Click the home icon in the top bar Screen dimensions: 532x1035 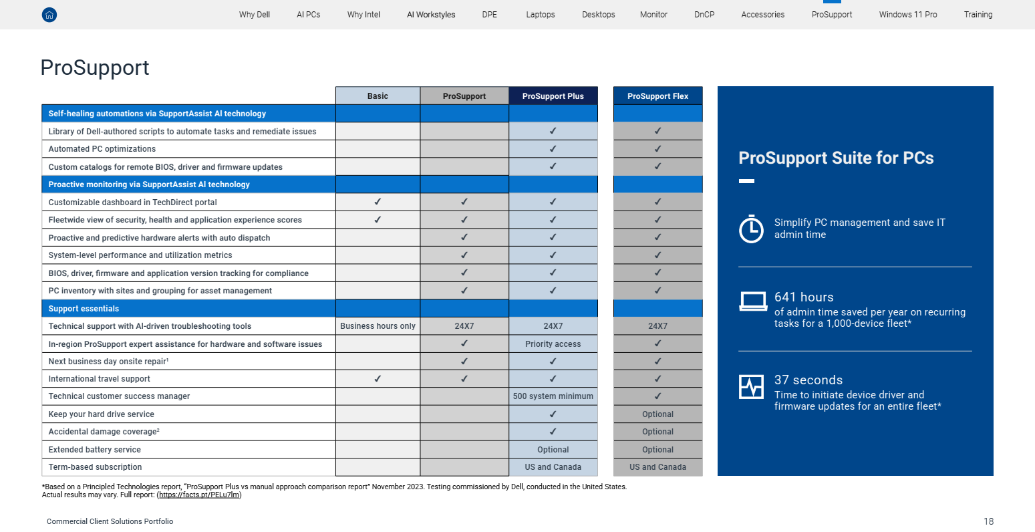[x=49, y=15]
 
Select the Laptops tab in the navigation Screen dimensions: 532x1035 [x=540, y=15]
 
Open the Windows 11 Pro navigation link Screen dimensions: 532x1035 [x=907, y=15]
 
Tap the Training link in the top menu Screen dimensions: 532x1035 [x=978, y=15]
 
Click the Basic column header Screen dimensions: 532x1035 [x=378, y=96]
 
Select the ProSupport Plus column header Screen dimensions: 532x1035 [x=553, y=96]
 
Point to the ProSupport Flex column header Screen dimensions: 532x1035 [x=657, y=96]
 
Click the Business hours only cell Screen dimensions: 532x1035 [x=378, y=326]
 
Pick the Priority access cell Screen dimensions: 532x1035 [x=553, y=344]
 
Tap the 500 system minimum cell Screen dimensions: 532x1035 [x=553, y=396]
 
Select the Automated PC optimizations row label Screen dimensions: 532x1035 [x=102, y=149]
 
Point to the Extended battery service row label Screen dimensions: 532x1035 [x=94, y=450]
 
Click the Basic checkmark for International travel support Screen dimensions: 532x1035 [x=378, y=379]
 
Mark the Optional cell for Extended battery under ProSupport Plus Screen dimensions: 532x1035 [x=553, y=450]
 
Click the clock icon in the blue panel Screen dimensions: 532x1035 [x=751, y=229]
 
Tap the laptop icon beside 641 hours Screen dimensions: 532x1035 [x=752, y=301]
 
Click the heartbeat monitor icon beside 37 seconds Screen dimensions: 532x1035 [x=751, y=387]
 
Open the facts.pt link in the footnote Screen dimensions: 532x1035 [x=199, y=495]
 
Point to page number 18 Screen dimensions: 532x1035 [x=988, y=521]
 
